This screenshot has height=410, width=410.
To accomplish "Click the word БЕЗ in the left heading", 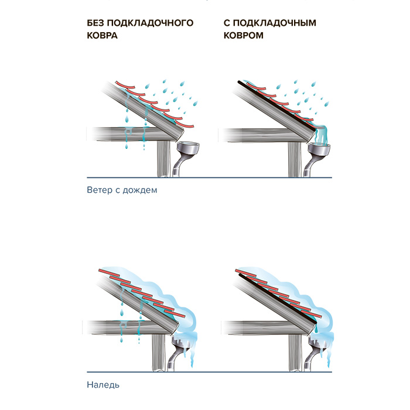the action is (x=95, y=23).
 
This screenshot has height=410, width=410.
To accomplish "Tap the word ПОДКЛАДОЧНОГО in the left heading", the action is (x=151, y=23).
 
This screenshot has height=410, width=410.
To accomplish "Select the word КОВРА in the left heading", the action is (x=102, y=35).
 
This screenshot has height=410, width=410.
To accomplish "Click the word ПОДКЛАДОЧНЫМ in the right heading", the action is (x=275, y=23).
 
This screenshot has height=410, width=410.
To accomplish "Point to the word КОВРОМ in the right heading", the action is (x=244, y=35).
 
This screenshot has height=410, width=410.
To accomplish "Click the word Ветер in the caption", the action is (x=100, y=190).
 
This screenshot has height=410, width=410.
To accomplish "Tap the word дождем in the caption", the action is (x=140, y=190).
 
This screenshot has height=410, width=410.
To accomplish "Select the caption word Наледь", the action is (x=103, y=385).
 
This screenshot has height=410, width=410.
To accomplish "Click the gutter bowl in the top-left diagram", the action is (x=188, y=148).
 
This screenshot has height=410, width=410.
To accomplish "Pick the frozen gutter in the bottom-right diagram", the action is (x=319, y=343).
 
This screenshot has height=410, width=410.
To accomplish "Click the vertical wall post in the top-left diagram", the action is (x=163, y=159).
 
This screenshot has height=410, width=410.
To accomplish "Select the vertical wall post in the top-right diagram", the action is (x=295, y=159).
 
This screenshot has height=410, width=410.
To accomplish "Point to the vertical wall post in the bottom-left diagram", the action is (x=159, y=353).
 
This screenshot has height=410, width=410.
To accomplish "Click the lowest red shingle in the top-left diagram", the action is (x=184, y=124).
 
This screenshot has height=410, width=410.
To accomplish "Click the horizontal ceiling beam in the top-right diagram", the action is (x=261, y=135).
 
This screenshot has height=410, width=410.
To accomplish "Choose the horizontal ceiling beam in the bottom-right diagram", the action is (x=261, y=327).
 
